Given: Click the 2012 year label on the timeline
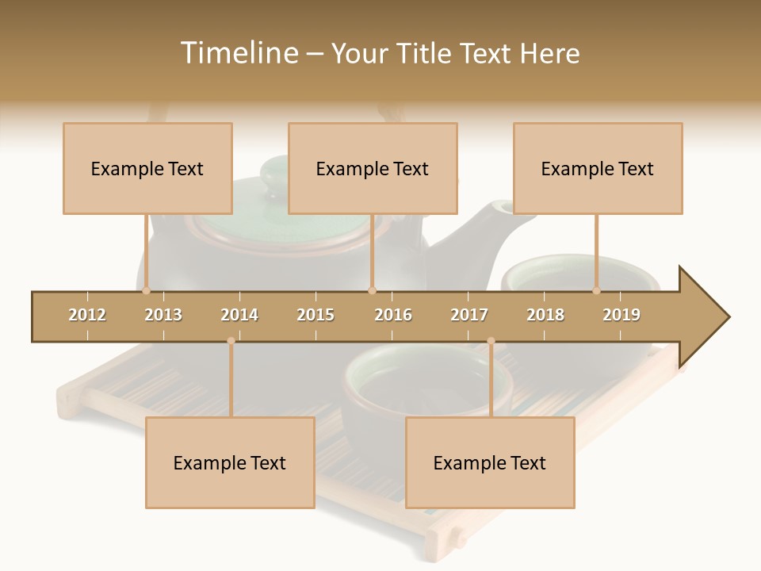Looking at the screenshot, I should (x=87, y=315).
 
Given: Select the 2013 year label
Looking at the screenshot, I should (x=163, y=315).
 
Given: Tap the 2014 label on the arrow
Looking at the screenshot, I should (x=239, y=315).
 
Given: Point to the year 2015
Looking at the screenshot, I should (x=315, y=315).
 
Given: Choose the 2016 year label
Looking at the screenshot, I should (x=393, y=315).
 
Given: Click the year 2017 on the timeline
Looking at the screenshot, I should (x=469, y=315).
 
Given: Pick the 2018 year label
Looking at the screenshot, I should (x=545, y=315).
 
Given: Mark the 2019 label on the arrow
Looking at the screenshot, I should (x=621, y=315).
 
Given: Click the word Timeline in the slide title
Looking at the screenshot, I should (x=238, y=53).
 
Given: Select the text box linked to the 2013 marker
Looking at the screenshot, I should (x=147, y=168).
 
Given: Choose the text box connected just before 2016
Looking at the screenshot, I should (x=373, y=168).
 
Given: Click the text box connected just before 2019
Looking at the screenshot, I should (x=598, y=168).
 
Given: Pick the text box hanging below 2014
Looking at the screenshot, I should (x=230, y=462).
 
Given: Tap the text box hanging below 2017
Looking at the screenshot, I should (x=490, y=462).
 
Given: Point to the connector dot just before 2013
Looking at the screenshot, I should (x=146, y=291).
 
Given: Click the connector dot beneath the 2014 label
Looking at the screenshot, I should (x=231, y=341).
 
